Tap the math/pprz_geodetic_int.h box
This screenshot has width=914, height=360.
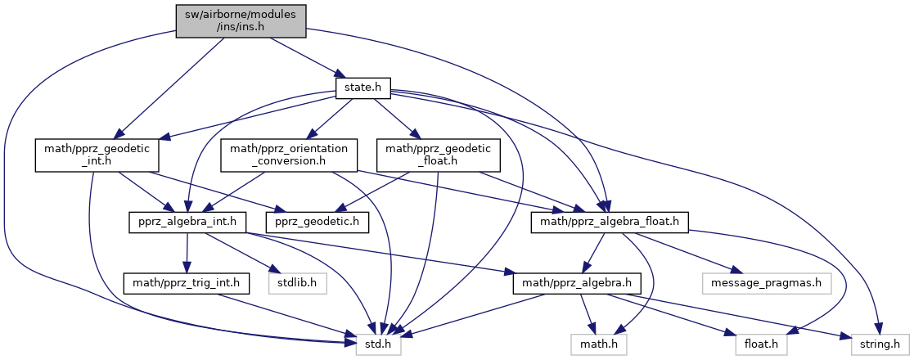click(x=96, y=155)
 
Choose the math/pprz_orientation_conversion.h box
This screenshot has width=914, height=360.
click(x=289, y=155)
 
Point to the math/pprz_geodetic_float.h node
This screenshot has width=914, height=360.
click(x=433, y=155)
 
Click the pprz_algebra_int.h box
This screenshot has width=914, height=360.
click(x=187, y=221)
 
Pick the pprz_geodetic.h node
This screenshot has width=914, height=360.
click(x=317, y=221)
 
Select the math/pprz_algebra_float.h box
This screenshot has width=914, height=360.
click(x=610, y=221)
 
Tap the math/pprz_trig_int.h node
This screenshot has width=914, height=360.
click(x=186, y=284)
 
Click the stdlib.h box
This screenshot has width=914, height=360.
click(x=298, y=284)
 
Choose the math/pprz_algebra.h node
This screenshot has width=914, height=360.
click(x=577, y=284)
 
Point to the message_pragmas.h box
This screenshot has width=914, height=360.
click(x=767, y=284)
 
